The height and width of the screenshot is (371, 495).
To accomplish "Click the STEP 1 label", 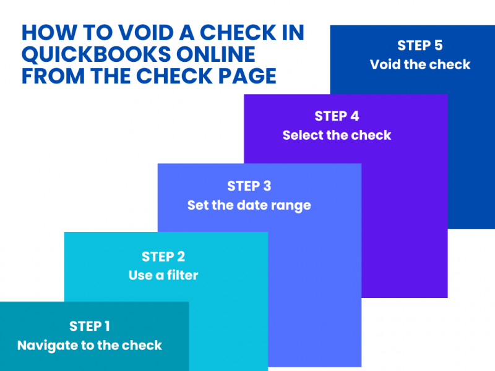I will point(89,326).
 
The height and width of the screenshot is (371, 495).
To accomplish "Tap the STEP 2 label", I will point(163,257).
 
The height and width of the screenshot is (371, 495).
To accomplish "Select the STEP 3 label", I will point(249,186).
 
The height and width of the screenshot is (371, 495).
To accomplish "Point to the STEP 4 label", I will point(337,116).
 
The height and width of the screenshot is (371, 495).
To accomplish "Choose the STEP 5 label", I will point(420,46).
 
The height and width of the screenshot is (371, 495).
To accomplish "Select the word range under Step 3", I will point(291,205).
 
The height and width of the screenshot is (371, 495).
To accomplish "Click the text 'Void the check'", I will point(420,65).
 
